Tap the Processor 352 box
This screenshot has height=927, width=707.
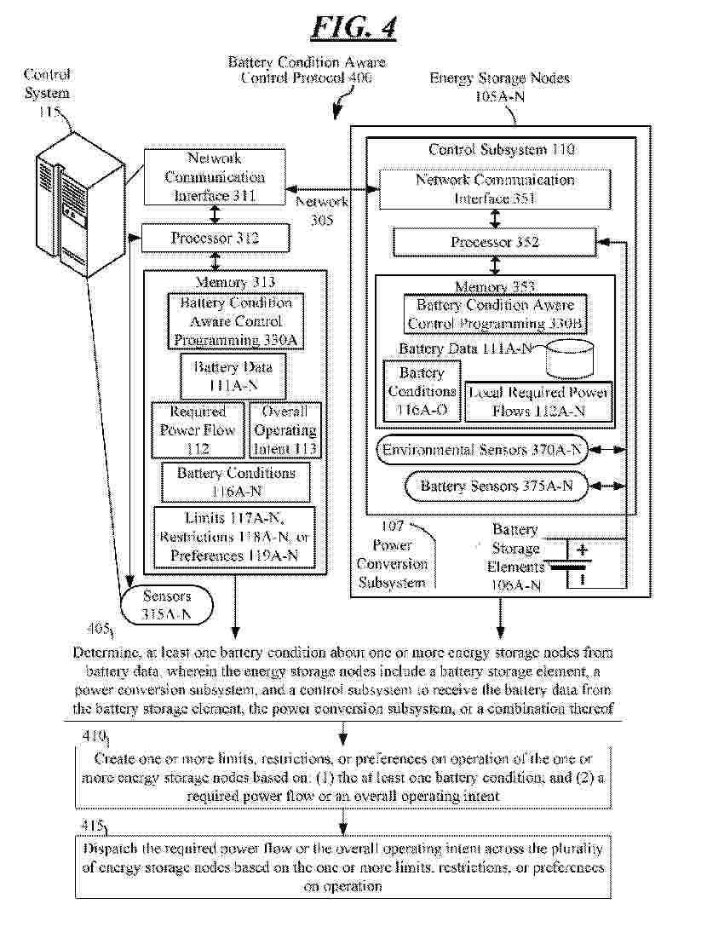pos(494,243)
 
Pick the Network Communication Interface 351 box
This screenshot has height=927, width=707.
pos(494,189)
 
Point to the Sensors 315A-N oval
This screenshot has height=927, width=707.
pos(167,605)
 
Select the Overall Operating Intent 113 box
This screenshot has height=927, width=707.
pos(285,429)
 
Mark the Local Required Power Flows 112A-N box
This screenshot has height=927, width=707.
pos(538,401)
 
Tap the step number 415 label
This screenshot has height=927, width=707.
pos(90,827)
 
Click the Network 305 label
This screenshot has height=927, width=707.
pos(322,210)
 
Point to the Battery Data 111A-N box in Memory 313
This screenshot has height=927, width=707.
pos(233,376)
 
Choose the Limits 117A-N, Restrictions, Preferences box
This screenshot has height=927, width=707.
pos(233,537)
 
